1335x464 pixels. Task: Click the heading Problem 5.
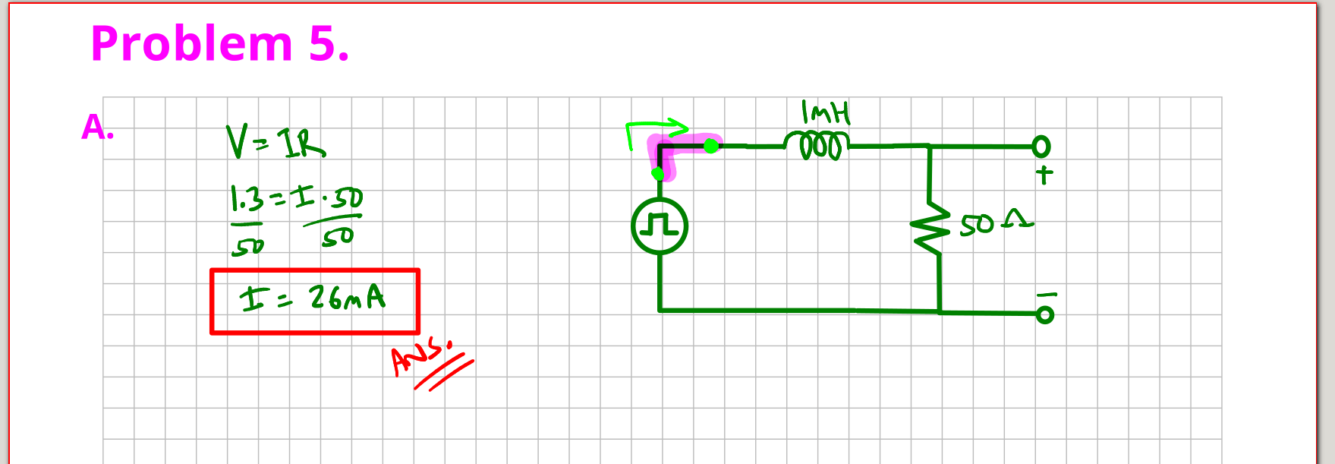219,43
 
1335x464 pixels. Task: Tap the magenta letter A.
97,128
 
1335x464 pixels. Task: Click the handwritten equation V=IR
275,142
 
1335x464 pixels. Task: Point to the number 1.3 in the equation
247,200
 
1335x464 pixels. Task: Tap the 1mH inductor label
826,113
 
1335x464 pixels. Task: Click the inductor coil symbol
816,146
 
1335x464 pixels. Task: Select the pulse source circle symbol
660,226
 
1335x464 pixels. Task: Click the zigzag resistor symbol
930,229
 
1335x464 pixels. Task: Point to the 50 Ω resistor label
995,223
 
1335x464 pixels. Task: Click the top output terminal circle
1041,146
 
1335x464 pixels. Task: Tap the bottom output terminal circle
1045,314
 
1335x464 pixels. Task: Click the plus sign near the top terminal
1044,175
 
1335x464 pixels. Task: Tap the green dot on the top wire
710,145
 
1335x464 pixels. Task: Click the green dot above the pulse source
658,175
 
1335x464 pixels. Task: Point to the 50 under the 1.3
248,245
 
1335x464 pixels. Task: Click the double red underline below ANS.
444,374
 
